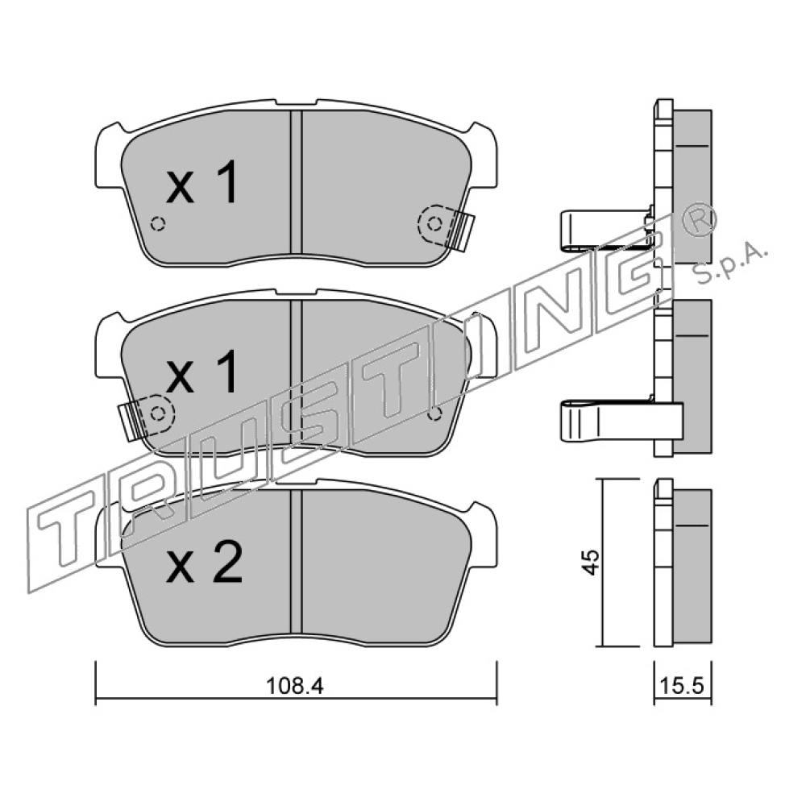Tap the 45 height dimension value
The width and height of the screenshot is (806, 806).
tap(591, 563)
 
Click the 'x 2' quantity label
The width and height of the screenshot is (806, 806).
tap(204, 564)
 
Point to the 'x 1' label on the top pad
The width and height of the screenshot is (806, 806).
tap(202, 182)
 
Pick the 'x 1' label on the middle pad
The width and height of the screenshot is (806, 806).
tap(202, 372)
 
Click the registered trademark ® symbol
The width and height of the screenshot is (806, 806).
tap(699, 219)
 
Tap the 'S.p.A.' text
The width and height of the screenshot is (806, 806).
tap(730, 264)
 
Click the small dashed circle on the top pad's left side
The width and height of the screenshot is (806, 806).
tap(158, 224)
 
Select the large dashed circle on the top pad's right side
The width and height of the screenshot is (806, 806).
tap(435, 223)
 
